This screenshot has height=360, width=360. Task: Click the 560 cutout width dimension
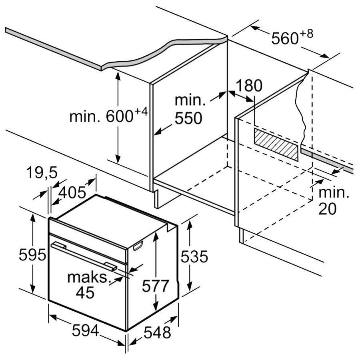(x=285, y=39)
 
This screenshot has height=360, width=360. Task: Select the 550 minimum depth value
(x=188, y=118)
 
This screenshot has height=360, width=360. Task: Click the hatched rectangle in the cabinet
(x=276, y=144)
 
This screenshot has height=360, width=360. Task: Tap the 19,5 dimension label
(x=42, y=174)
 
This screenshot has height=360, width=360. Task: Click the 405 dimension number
(x=72, y=193)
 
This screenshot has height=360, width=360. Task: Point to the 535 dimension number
(x=194, y=256)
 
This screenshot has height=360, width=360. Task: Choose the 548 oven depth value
(x=157, y=332)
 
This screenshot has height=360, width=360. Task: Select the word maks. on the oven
(x=88, y=277)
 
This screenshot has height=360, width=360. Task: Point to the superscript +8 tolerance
(x=306, y=34)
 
